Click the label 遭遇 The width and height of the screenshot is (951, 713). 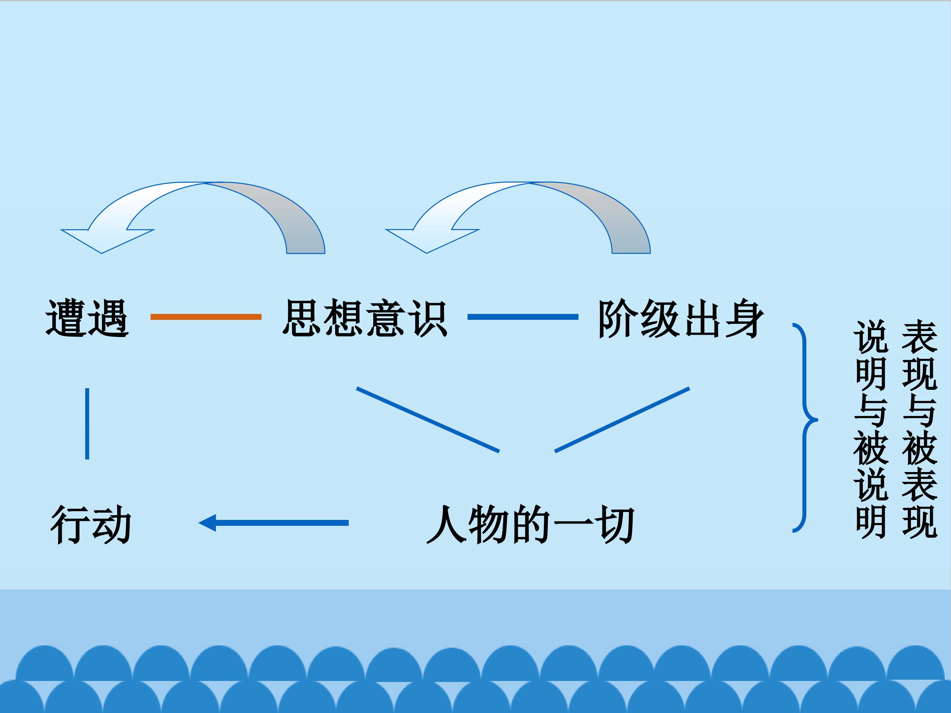point(87,318)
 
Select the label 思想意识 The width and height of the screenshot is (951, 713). point(365,318)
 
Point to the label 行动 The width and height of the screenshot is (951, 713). point(91,524)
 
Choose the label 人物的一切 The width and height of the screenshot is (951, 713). point(530,524)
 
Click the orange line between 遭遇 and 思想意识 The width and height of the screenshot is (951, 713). point(206,317)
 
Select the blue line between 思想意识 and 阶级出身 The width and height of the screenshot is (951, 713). point(523,317)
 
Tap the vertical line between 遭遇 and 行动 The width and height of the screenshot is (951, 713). point(87,424)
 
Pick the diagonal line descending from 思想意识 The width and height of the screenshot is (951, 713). point(428,420)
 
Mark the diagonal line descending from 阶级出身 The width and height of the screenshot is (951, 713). point(622,420)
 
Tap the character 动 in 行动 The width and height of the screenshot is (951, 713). point(111,524)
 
